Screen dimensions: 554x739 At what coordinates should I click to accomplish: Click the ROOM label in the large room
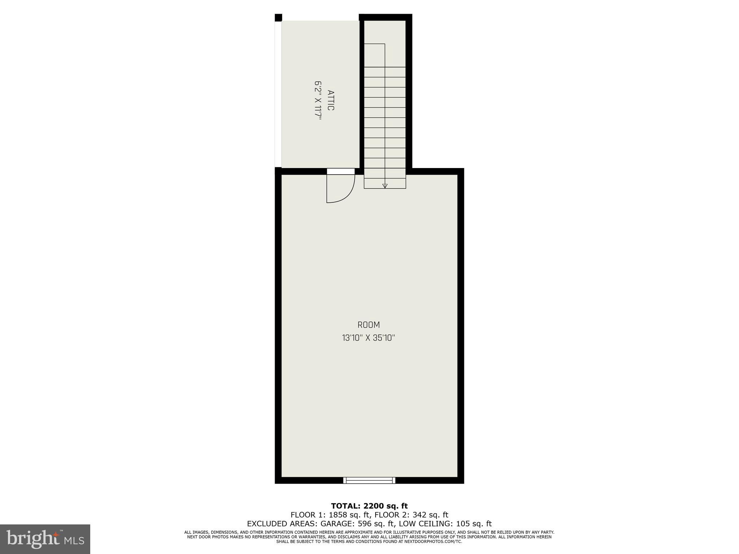click(369, 325)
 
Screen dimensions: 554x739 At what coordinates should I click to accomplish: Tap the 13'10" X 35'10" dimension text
click(369, 338)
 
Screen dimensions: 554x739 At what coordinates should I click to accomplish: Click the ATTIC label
click(331, 100)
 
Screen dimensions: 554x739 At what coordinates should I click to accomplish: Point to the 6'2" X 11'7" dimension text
click(318, 100)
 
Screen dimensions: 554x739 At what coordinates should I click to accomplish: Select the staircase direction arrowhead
click(385, 186)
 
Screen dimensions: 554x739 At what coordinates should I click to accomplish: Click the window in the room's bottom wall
click(369, 480)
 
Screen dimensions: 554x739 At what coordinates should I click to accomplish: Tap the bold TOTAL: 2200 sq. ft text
click(369, 506)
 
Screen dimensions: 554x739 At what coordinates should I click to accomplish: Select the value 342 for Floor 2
click(420, 515)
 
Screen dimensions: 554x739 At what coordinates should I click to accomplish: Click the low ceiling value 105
click(462, 524)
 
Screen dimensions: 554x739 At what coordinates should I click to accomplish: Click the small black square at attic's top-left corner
click(278, 18)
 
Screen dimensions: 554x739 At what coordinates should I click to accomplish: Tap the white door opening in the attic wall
click(341, 171)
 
